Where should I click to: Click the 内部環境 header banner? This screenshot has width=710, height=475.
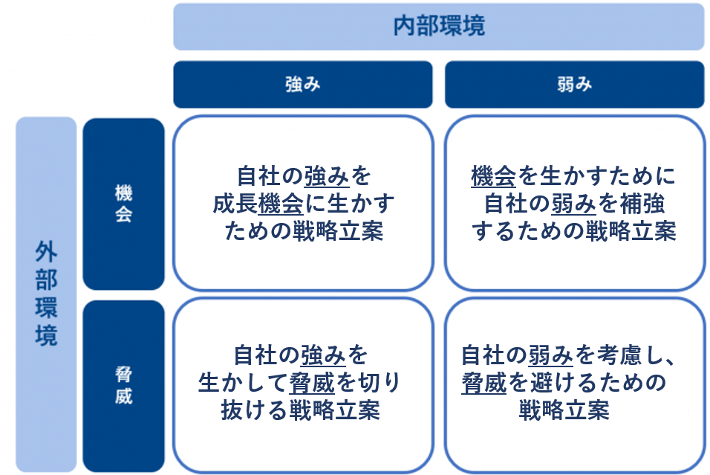[x=438, y=27]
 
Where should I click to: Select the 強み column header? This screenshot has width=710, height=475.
[x=302, y=84]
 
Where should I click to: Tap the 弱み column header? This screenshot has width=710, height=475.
[x=574, y=84]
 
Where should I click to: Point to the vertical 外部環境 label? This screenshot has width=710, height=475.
[x=46, y=294]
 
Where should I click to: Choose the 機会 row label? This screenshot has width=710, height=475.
[x=123, y=204]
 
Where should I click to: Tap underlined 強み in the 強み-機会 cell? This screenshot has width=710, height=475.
[x=327, y=177]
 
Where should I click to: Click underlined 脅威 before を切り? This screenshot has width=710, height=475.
[x=313, y=383]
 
